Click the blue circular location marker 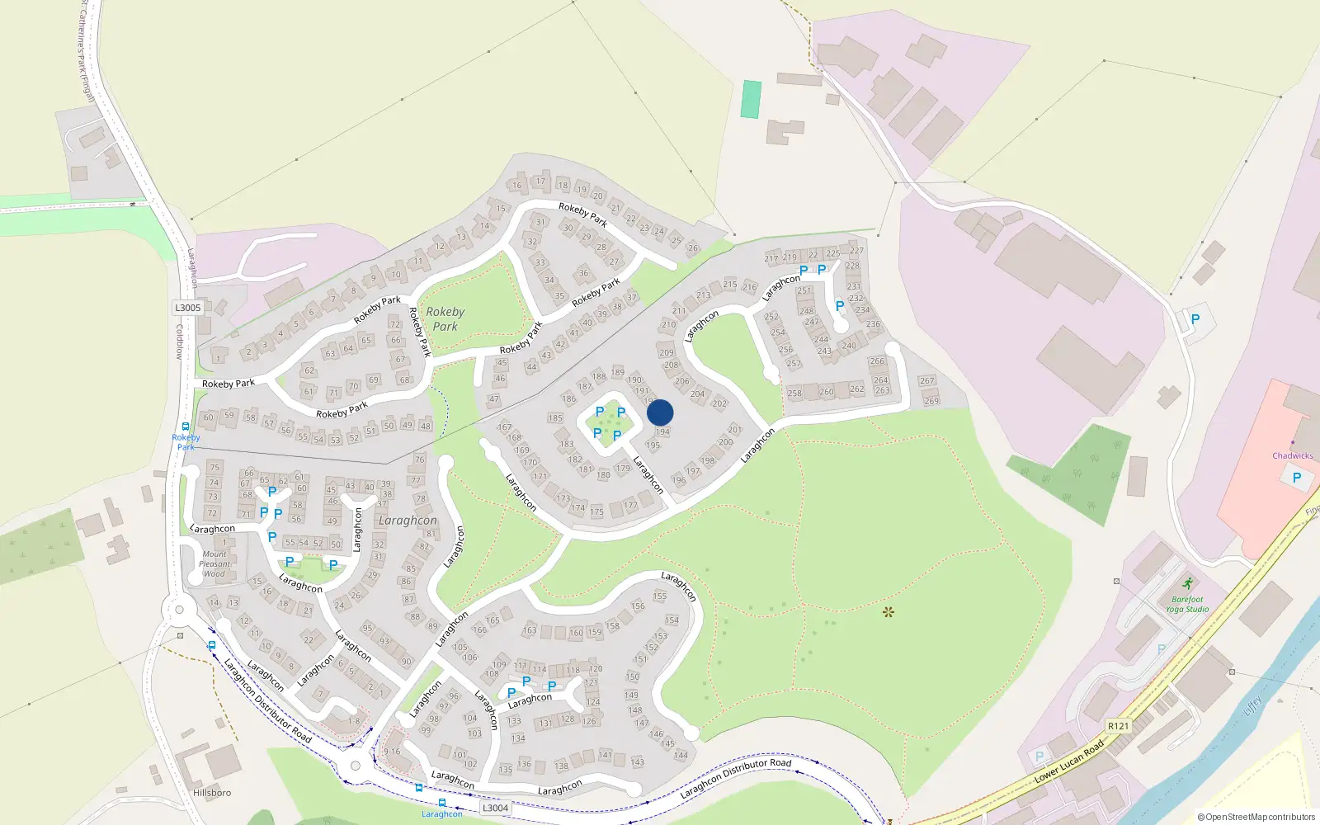pyautogui.click(x=660, y=412)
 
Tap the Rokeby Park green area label pyautogui.click(x=445, y=318)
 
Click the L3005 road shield pyautogui.click(x=187, y=308)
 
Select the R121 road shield pyautogui.click(x=1118, y=726)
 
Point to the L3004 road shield pyautogui.click(x=495, y=808)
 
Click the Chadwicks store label pyautogui.click(x=1292, y=455)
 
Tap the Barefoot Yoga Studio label pyautogui.click(x=1187, y=605)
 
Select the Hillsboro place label pyautogui.click(x=212, y=793)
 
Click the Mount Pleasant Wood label pyautogui.click(x=214, y=563)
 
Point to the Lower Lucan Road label pyautogui.click(x=1069, y=761)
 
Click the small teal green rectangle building pyautogui.click(x=751, y=99)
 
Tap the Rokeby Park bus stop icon pyautogui.click(x=186, y=427)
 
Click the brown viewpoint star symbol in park pyautogui.click(x=888, y=612)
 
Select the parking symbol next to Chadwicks pyautogui.click(x=1296, y=478)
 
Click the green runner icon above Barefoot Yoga pyautogui.click(x=1187, y=584)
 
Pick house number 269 pyautogui.click(x=931, y=401)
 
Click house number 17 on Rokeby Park pyautogui.click(x=540, y=181)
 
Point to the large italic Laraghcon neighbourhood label pyautogui.click(x=408, y=521)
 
